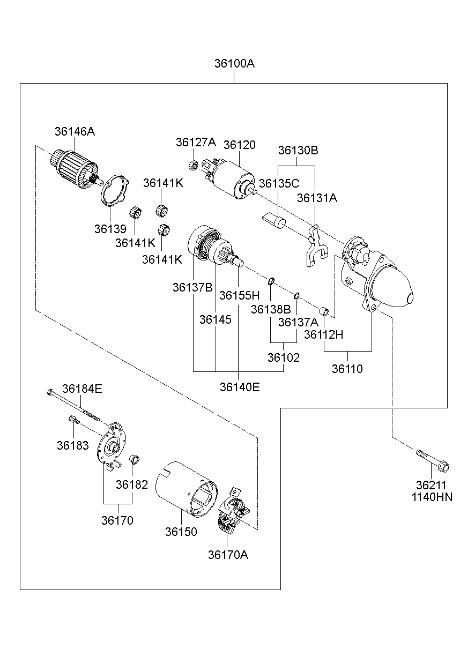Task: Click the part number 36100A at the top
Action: (x=234, y=63)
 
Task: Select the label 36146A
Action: (x=75, y=131)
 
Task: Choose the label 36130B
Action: (x=298, y=151)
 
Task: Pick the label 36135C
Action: (x=279, y=183)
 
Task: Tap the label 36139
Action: (x=110, y=229)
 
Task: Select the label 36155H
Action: (x=239, y=295)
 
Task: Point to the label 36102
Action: (x=284, y=357)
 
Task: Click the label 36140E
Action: (x=239, y=386)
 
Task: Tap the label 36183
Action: (x=73, y=445)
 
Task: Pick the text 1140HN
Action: (x=432, y=497)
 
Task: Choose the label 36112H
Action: (x=323, y=334)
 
